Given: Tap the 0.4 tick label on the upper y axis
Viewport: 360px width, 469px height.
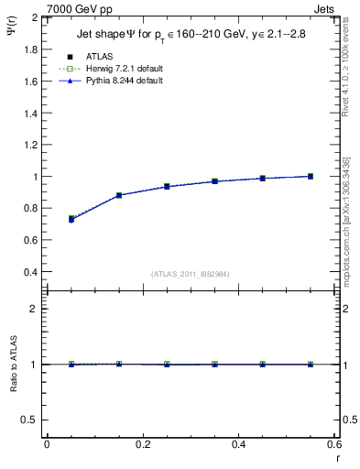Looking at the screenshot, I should coord(31,272).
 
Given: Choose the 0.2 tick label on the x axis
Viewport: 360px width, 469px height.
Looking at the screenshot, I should coord(142,443).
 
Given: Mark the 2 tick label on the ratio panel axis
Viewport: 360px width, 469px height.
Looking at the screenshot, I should coord(35,309).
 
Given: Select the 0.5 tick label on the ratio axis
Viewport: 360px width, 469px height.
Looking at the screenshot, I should coord(31,420).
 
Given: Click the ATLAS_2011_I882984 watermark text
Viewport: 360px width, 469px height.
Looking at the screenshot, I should coord(191,274).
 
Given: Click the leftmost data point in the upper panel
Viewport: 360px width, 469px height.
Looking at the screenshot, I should coord(71,219).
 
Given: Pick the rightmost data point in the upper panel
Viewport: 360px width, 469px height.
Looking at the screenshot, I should coord(311,176).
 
